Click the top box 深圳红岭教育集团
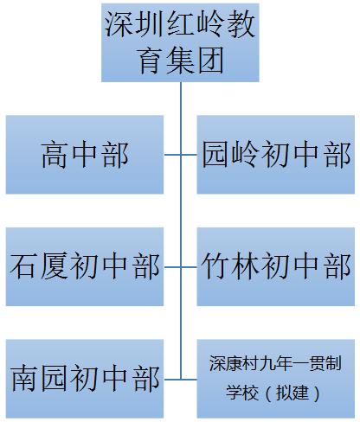(x=180, y=41)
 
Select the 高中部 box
(x=84, y=155)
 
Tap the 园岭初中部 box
(x=274, y=155)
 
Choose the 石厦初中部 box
(x=84, y=267)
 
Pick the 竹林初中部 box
(x=274, y=267)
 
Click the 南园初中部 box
(x=84, y=379)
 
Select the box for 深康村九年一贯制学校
(x=274, y=379)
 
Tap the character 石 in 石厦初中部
(x=24, y=267)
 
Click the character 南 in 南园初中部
(x=24, y=379)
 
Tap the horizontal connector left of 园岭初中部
(x=189, y=155)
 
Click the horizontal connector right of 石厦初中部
(x=172, y=267)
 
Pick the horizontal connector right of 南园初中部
(x=172, y=379)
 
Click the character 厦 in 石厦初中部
(x=54, y=267)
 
